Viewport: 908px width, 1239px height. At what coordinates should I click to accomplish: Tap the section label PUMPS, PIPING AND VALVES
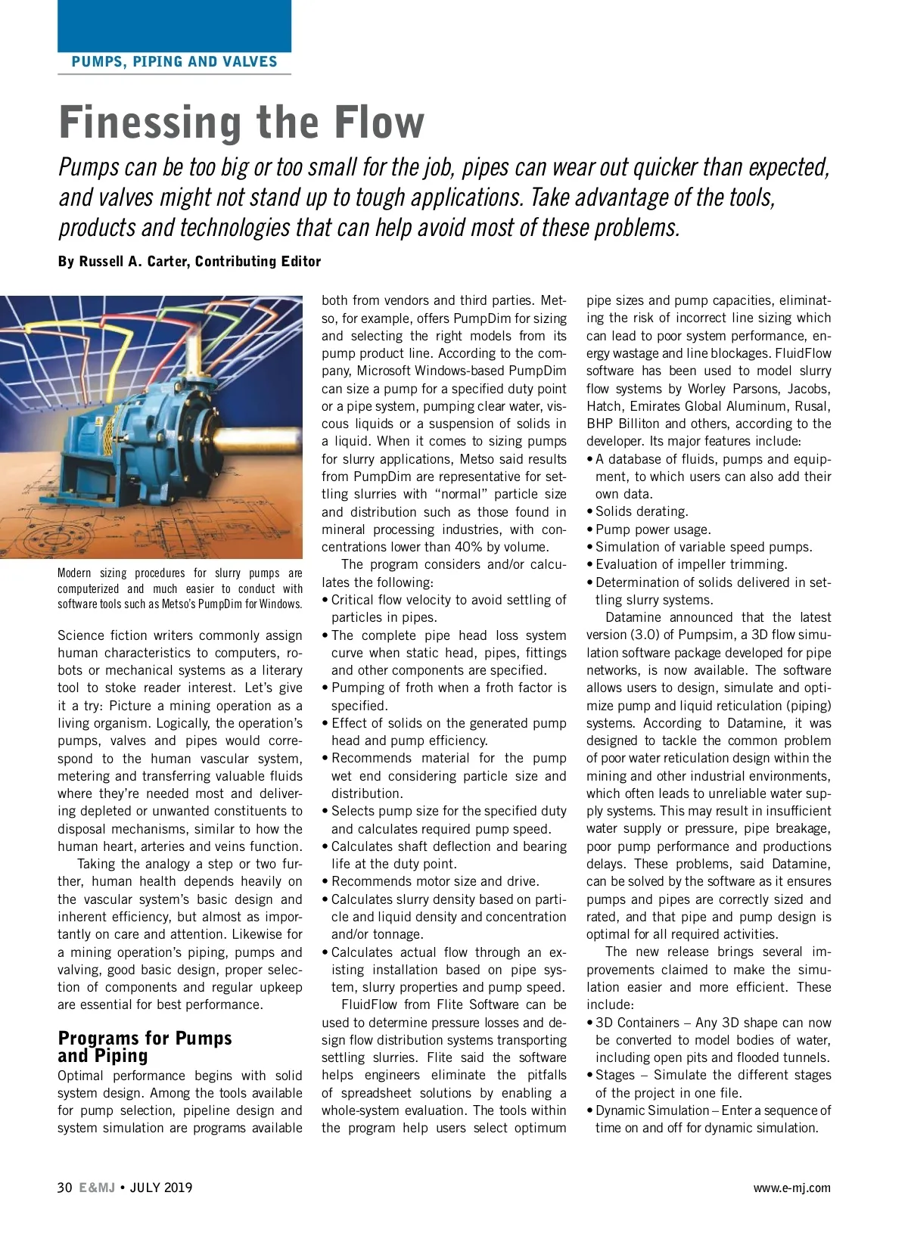[x=174, y=62]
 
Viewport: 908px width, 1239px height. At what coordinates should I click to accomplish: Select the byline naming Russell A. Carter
[x=189, y=262]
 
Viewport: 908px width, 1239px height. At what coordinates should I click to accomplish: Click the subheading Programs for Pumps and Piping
[x=144, y=1047]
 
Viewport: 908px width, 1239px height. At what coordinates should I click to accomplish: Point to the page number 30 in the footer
[x=64, y=1188]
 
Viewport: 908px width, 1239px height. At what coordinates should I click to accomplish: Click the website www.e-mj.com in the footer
[x=791, y=1188]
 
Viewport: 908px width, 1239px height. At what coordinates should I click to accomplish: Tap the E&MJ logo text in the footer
[x=97, y=1188]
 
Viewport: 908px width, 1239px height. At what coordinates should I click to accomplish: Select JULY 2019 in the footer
[x=161, y=1188]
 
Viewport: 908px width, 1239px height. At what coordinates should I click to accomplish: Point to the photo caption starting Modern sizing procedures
[x=179, y=588]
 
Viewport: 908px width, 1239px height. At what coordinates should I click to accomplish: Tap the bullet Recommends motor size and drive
[x=435, y=881]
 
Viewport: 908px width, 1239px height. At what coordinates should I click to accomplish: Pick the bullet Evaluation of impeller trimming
[x=691, y=564]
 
